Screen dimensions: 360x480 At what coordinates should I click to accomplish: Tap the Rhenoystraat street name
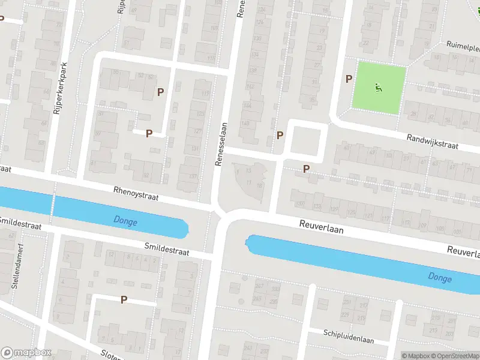pyautogui.click(x=136, y=193)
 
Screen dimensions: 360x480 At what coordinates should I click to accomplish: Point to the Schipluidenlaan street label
pyautogui.click(x=349, y=336)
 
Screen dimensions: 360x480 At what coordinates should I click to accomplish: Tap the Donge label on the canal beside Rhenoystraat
pyautogui.click(x=125, y=222)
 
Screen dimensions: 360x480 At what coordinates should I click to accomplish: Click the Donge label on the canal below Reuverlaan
pyautogui.click(x=440, y=277)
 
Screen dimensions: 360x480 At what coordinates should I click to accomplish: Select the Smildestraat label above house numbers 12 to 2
pyautogui.click(x=166, y=249)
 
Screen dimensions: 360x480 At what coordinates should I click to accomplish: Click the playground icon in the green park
pyautogui.click(x=378, y=88)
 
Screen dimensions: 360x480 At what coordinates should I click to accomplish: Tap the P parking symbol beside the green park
pyautogui.click(x=349, y=79)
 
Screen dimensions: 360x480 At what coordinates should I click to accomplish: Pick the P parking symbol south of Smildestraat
pyautogui.click(x=124, y=299)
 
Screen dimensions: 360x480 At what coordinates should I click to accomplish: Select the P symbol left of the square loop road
pyautogui.click(x=280, y=136)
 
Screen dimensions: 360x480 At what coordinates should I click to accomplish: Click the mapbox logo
pyautogui.click(x=26, y=353)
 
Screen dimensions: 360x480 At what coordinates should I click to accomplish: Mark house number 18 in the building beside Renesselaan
pyautogui.click(x=260, y=186)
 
